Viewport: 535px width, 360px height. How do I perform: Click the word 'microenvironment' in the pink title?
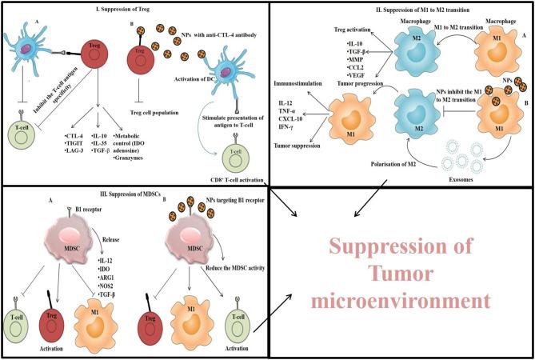coord(401,302)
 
